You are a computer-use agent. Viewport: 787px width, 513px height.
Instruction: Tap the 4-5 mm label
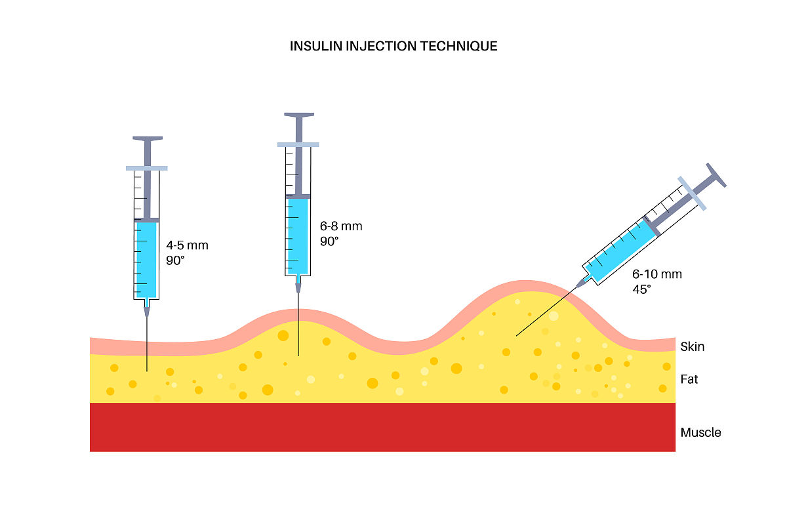pyautogui.click(x=187, y=245)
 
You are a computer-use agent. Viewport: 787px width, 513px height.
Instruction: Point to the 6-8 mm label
pyautogui.click(x=341, y=226)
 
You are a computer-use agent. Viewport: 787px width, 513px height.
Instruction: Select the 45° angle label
pyautogui.click(x=642, y=289)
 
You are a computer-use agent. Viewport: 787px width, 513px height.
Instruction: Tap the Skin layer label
pyautogui.click(x=693, y=346)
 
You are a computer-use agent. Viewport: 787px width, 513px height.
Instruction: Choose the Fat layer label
pyautogui.click(x=689, y=379)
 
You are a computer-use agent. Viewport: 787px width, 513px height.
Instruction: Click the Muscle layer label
pyautogui.click(x=700, y=432)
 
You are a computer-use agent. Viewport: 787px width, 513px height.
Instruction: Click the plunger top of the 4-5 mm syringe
pyautogui.click(x=147, y=139)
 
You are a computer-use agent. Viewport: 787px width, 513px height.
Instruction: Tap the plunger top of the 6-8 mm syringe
pyautogui.click(x=298, y=115)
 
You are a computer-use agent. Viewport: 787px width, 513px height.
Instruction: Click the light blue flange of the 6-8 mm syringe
pyautogui.click(x=298, y=144)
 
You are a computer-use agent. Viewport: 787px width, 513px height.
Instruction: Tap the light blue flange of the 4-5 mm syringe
pyautogui.click(x=147, y=168)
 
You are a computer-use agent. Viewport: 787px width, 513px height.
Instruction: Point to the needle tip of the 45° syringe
pyautogui.click(x=516, y=336)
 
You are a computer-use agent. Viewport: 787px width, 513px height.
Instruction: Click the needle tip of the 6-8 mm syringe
pyautogui.click(x=298, y=356)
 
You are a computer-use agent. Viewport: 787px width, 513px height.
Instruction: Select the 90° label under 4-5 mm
pyautogui.click(x=176, y=260)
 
